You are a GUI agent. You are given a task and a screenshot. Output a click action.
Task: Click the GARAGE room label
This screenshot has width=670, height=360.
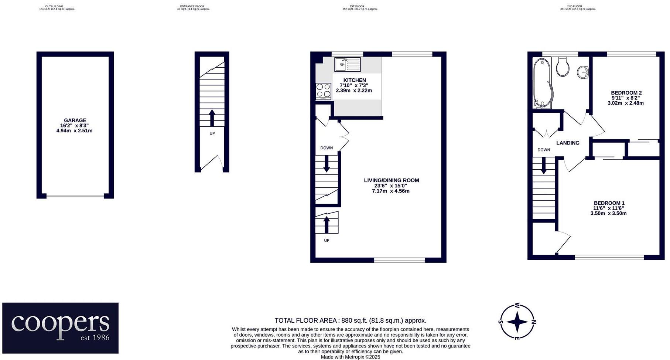pyautogui.click(x=75, y=120)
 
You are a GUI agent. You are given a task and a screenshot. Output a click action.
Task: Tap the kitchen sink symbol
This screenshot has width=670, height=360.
pyautogui.click(x=347, y=65)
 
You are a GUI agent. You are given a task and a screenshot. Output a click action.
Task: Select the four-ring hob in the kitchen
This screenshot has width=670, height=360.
pyautogui.click(x=324, y=91)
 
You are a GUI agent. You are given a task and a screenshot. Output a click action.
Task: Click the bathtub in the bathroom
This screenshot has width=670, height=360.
pyautogui.click(x=542, y=83)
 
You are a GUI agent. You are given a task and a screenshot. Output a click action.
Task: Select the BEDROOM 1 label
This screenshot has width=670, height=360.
pyautogui.click(x=609, y=203)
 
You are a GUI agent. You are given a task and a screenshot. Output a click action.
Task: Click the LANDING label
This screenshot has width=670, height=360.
pyautogui.click(x=568, y=143)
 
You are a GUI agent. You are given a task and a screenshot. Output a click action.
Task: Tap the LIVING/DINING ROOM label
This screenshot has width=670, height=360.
pyautogui.click(x=391, y=180)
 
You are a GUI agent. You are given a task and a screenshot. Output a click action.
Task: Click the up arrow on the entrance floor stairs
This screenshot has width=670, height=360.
pyautogui.click(x=212, y=118)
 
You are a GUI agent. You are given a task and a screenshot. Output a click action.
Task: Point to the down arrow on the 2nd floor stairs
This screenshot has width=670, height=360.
pyautogui.click(x=543, y=166)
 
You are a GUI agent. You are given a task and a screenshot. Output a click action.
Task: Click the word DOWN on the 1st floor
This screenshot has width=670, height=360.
pyautogui.click(x=327, y=148)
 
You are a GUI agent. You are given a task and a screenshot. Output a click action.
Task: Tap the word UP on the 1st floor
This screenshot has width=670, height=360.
pyautogui.click(x=327, y=240)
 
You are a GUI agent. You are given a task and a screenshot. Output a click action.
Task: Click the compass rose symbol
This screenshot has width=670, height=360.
pyautogui.click(x=517, y=322)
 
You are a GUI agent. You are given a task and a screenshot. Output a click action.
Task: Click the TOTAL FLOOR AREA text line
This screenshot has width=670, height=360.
pyautogui.click(x=350, y=320)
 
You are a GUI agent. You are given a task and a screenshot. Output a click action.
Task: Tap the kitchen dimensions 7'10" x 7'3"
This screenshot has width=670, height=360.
pyautogui.click(x=354, y=85)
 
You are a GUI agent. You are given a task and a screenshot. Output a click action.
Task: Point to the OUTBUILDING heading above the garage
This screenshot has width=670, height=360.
pyautogui.click(x=54, y=6)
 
